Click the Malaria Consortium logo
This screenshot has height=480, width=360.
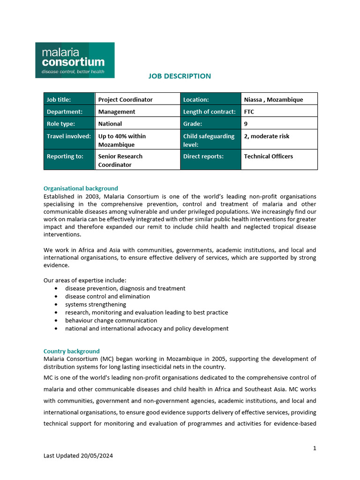click(x=75, y=60)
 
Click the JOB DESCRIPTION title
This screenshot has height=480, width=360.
click(x=180, y=76)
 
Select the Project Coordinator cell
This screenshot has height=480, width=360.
click(x=125, y=99)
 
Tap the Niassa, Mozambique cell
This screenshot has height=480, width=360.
click(x=273, y=99)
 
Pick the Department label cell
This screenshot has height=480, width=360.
click(x=65, y=112)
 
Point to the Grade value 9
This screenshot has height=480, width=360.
click(x=246, y=124)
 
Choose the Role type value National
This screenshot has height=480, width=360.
click(x=110, y=124)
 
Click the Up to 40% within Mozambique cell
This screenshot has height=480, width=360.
click(x=122, y=140)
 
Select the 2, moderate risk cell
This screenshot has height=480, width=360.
click(x=267, y=136)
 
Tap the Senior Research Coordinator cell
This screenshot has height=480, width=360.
click(x=120, y=160)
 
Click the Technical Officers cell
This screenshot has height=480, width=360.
click(x=268, y=156)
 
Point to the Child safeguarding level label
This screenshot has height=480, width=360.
click(x=209, y=140)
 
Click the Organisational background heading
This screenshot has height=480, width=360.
click(x=81, y=188)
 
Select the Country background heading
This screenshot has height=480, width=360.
click(x=71, y=351)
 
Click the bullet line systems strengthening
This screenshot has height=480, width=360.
click(x=96, y=304)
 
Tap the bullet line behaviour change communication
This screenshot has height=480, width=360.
click(x=111, y=321)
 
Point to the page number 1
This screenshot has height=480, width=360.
click(x=315, y=448)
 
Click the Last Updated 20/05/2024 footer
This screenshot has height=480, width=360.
click(x=78, y=456)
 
